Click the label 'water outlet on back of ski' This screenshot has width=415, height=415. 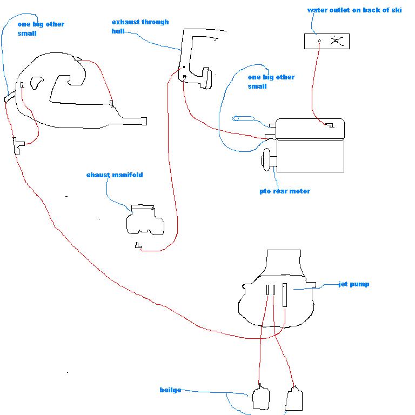[354, 10]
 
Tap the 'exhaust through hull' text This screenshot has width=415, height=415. [139, 26]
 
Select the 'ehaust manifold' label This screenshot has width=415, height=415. [115, 175]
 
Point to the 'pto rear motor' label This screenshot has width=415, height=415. [285, 191]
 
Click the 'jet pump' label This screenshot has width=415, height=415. [353, 284]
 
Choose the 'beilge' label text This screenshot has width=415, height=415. [170, 390]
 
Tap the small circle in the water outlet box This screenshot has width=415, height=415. [319, 41]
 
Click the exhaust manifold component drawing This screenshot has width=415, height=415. [144, 220]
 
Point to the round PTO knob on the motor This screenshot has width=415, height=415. [266, 160]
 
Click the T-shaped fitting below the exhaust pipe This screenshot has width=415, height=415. [18, 144]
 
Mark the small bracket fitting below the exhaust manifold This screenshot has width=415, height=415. [138, 246]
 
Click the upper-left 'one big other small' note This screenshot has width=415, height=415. [41, 29]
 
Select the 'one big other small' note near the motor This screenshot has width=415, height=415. [271, 82]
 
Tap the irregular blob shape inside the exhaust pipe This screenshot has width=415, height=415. [37, 83]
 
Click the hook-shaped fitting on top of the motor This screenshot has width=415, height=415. [328, 125]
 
